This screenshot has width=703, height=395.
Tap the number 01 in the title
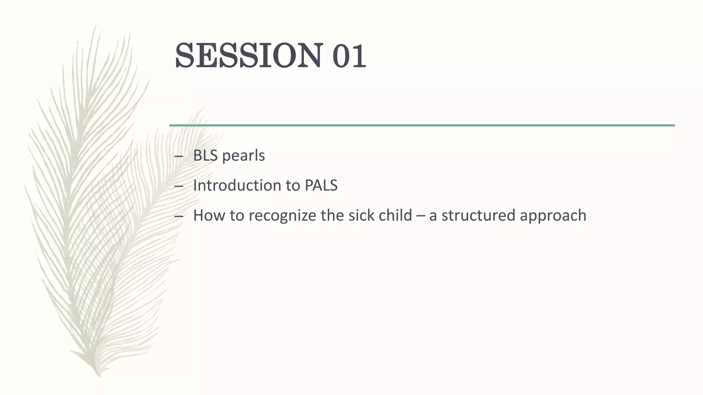(349, 56)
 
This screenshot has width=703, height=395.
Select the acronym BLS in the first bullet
(205, 156)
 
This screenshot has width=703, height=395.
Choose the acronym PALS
(321, 185)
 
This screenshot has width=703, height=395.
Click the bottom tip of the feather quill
(99, 376)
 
